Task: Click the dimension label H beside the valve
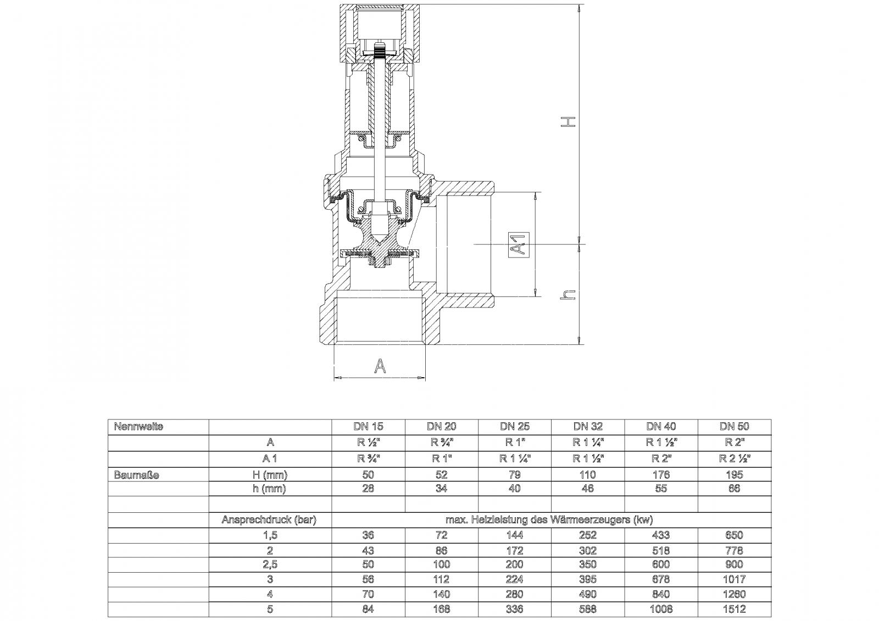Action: click(x=571, y=121)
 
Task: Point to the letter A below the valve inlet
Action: click(x=380, y=365)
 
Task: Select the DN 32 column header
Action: click(x=588, y=427)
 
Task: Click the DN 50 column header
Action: click(x=734, y=427)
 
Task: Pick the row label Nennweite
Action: click(x=138, y=427)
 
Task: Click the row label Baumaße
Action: click(x=136, y=475)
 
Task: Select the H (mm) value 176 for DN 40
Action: click(x=661, y=475)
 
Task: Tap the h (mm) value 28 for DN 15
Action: click(x=368, y=489)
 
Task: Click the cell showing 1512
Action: click(x=734, y=609)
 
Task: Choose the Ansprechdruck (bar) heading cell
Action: click(x=269, y=520)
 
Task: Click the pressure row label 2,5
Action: click(x=269, y=564)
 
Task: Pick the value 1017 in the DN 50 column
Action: click(x=734, y=579)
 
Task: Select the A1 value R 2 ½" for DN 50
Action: click(x=734, y=458)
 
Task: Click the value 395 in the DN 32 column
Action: click(x=588, y=579)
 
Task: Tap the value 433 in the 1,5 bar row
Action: click(x=661, y=535)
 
